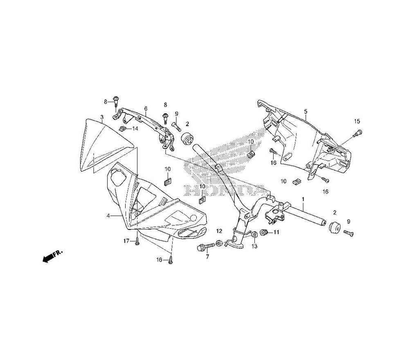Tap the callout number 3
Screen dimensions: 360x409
click(x=101, y=117)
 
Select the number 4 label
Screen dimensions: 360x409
click(x=108, y=215)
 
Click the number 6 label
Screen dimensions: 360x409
click(x=146, y=108)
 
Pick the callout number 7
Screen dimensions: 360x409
click(x=207, y=257)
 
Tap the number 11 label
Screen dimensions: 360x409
click(x=276, y=232)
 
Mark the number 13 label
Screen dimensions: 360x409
click(x=254, y=246)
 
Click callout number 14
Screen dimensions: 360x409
click(x=135, y=128)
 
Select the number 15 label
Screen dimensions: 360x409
click(x=357, y=121)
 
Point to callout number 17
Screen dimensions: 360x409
click(x=127, y=241)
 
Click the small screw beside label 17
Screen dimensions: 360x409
click(x=137, y=243)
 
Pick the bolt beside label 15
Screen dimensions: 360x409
click(x=358, y=133)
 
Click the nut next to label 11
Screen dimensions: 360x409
click(x=264, y=233)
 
